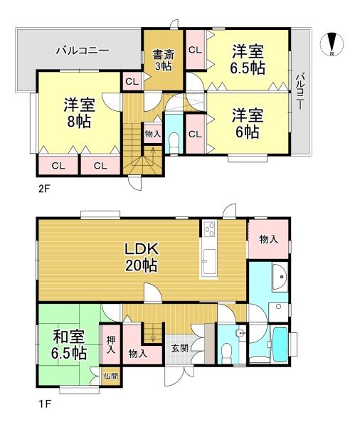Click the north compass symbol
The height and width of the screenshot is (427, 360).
pos(332,44)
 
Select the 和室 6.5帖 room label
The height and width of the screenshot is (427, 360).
pos(70,345)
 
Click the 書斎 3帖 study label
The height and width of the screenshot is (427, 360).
pos(164,60)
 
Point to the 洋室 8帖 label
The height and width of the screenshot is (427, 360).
pos(79,113)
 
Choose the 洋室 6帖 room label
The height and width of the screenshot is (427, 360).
pos(248,123)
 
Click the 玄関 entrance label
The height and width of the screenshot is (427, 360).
pos(180,348)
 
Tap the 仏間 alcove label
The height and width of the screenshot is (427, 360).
pos(111,376)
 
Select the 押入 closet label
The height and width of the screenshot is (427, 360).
pos(110,344)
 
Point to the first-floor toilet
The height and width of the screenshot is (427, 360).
pos(226,353)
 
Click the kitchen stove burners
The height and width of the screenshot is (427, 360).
pos(209,228)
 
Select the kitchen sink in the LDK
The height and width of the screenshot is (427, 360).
pos(209,261)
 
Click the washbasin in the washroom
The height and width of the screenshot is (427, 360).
pos(280,277)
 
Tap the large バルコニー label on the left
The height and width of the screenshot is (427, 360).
pos(83,51)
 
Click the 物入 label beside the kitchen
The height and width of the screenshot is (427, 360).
pos(268,239)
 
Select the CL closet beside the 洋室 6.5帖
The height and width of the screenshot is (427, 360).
pos(195,50)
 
